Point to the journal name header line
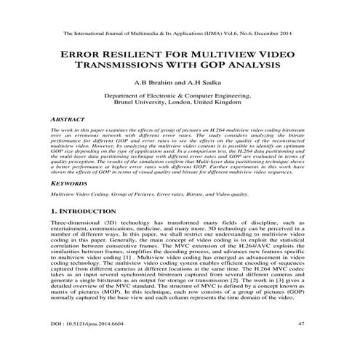[x=180, y=33]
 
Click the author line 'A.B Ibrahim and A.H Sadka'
[x=180, y=82]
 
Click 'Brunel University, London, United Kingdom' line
[x=180, y=103]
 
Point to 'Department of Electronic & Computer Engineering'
[x=180, y=95]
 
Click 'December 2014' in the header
[x=279, y=33]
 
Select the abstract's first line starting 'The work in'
[x=180, y=127]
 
